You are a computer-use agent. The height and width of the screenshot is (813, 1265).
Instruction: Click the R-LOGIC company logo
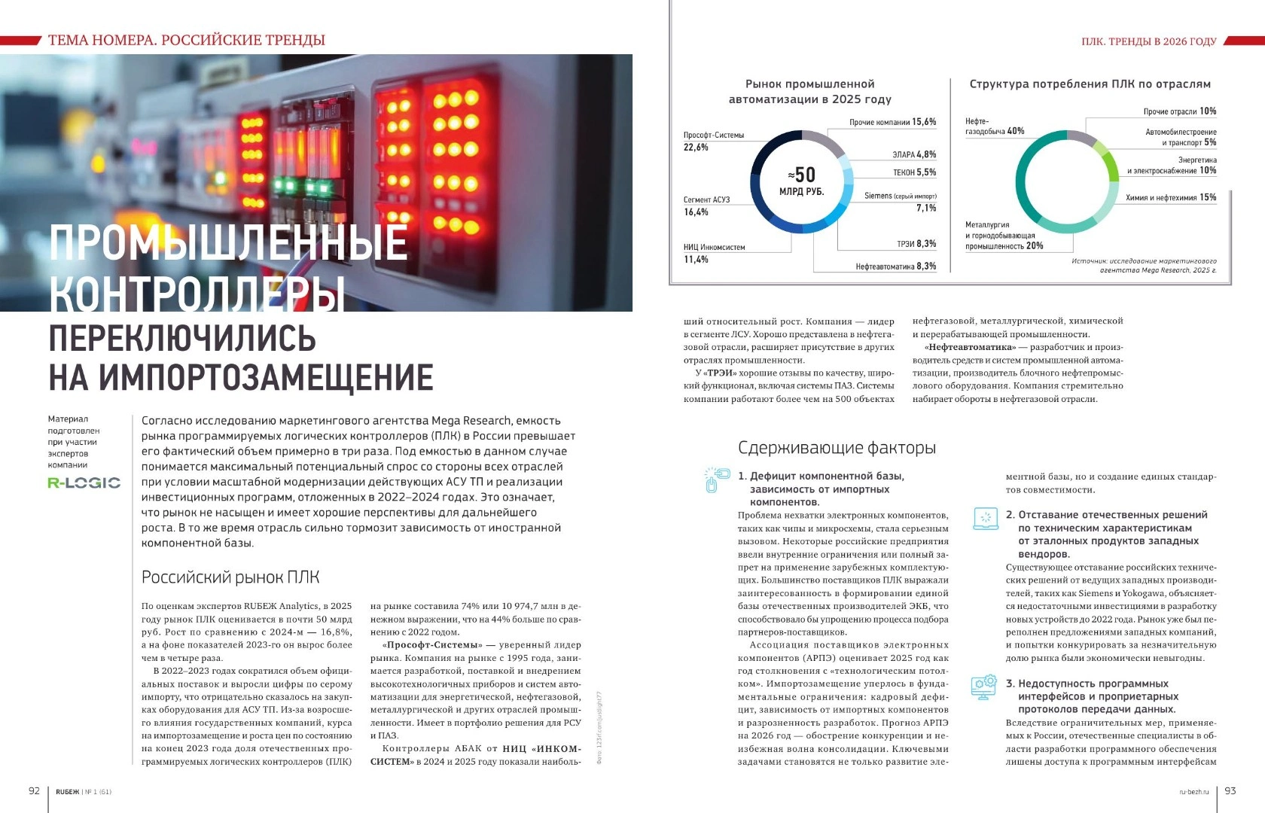tap(84, 483)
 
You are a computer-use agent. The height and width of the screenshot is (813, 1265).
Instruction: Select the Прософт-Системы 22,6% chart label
tap(713, 141)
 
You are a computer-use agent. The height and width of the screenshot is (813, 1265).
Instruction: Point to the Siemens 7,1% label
tap(901, 201)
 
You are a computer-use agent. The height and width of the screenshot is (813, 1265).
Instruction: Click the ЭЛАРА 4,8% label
tap(914, 154)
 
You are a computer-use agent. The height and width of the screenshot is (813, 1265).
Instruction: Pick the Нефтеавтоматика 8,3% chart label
tap(895, 266)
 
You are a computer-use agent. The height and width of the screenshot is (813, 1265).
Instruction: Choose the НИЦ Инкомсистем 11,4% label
tap(714, 253)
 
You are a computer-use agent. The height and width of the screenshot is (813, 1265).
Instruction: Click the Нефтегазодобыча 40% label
tap(994, 126)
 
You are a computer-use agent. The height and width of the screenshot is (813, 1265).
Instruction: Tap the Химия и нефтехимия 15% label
tap(1170, 197)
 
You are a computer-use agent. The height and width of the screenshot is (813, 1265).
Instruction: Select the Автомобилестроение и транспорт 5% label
tap(1181, 137)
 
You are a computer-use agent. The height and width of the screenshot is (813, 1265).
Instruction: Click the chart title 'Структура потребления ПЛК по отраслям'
tap(1090, 84)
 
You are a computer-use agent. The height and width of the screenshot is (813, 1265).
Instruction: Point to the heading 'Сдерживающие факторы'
tap(837, 448)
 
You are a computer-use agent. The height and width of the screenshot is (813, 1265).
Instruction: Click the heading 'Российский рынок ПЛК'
tap(230, 577)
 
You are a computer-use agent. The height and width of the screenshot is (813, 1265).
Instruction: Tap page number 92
tap(34, 790)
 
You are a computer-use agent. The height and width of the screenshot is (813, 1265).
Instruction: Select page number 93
tap(1230, 790)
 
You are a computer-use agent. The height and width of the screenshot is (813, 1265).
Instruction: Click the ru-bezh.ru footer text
tap(1193, 791)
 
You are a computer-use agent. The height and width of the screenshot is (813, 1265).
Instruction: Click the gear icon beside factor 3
tap(984, 688)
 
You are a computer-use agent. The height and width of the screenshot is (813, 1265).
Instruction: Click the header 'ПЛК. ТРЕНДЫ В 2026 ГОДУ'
tap(1148, 41)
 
